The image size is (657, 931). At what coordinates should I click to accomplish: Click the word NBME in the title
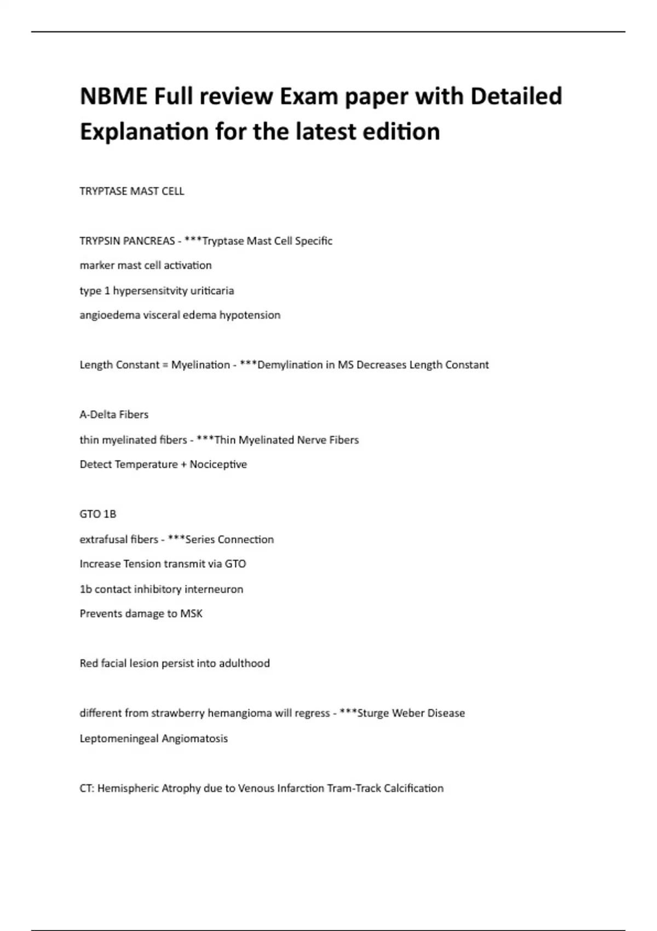point(113,96)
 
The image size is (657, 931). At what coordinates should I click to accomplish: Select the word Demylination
point(290,365)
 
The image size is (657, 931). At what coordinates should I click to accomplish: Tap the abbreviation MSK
point(192,614)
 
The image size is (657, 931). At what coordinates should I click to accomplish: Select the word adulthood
point(244,664)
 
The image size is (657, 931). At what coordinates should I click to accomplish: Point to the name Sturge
point(373,714)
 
